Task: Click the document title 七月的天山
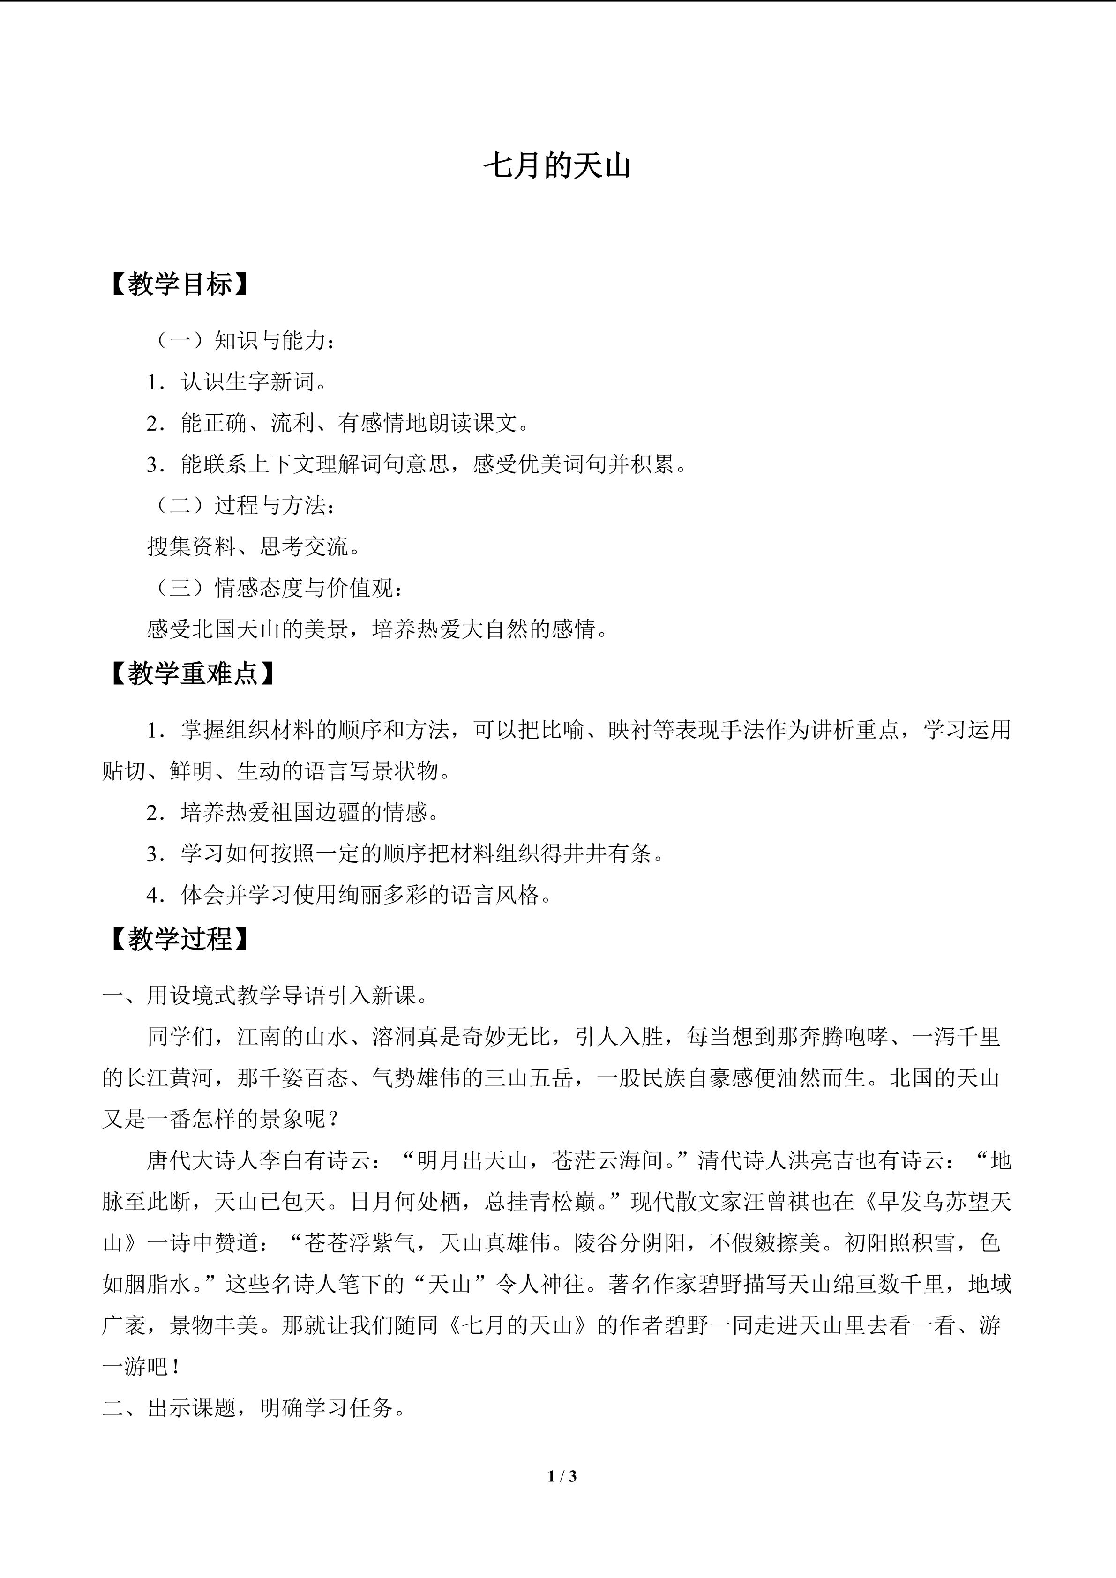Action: pyautogui.click(x=557, y=167)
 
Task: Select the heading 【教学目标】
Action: pyautogui.click(x=177, y=284)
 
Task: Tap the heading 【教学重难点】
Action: pyautogui.click(x=191, y=673)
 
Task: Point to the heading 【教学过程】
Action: pyautogui.click(x=177, y=938)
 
